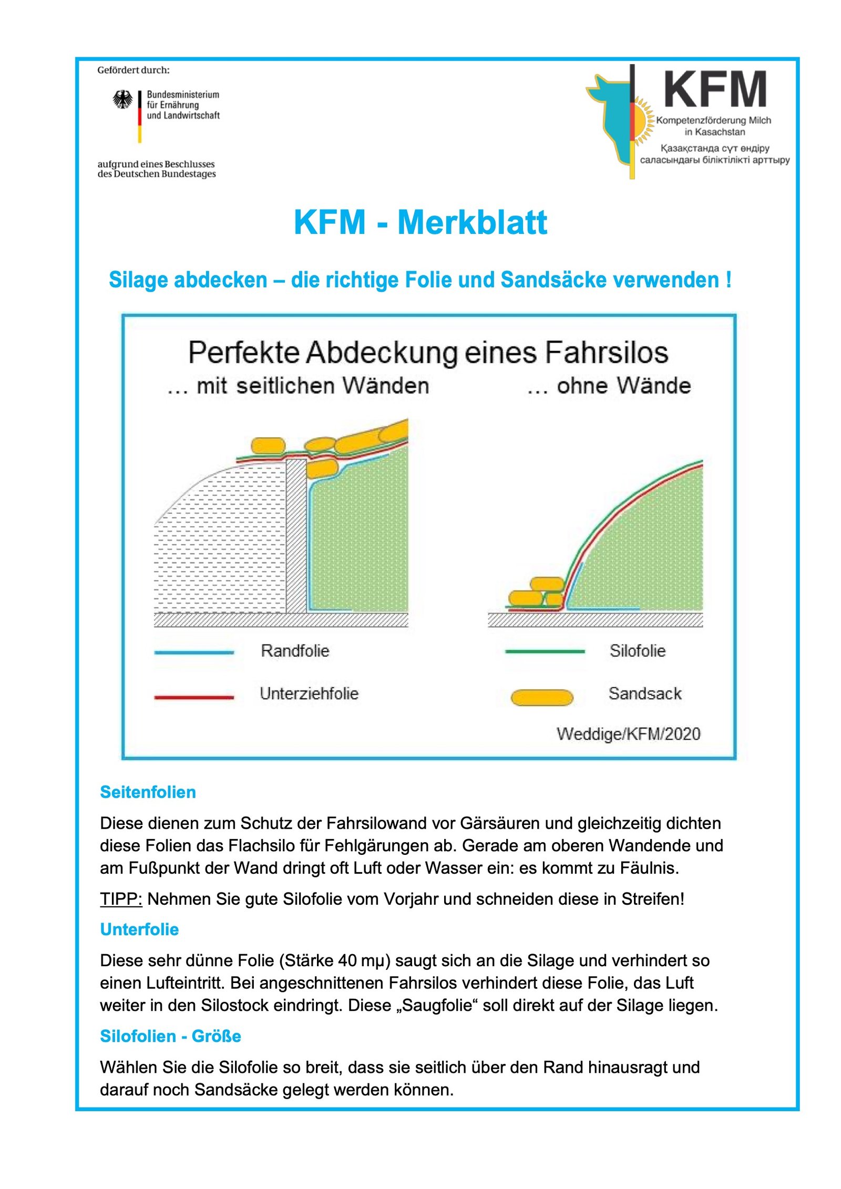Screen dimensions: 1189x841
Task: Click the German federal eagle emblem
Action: click(122, 99)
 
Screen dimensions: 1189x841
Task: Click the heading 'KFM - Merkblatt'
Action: click(420, 222)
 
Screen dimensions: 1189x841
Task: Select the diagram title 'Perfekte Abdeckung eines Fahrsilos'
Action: click(428, 353)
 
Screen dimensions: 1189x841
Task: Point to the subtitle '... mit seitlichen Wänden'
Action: click(298, 386)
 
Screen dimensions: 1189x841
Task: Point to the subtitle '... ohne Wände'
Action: click(609, 386)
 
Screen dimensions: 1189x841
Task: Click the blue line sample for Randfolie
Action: click(194, 652)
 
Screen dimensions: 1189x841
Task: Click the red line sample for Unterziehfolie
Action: click(194, 697)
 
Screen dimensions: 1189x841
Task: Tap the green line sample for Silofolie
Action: click(545, 652)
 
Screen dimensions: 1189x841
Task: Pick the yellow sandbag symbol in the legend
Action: click(542, 697)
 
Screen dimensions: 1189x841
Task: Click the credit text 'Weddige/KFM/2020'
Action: click(628, 734)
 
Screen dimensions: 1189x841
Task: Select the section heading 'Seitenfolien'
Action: click(148, 792)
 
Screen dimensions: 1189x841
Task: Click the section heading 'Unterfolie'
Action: click(139, 929)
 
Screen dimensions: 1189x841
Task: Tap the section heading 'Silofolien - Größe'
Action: click(170, 1036)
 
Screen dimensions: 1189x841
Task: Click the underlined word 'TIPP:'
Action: click(121, 899)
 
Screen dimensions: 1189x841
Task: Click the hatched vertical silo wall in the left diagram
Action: click(296, 536)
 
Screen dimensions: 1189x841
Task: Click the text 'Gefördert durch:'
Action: click(134, 70)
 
